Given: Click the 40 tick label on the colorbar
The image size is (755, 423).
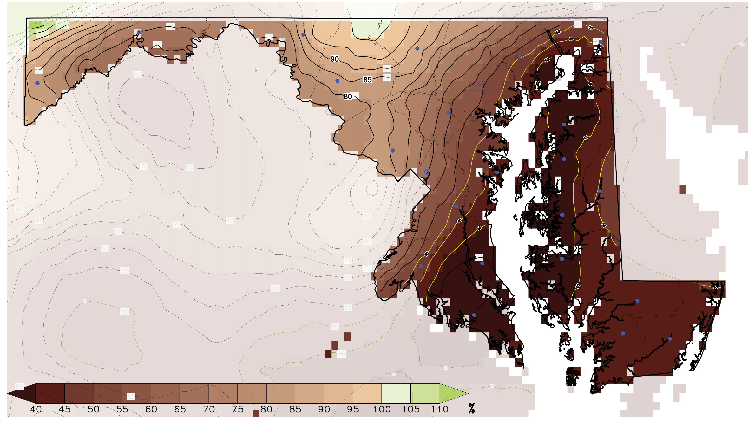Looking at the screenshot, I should pos(36,409).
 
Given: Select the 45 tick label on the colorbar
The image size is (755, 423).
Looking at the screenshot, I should pos(64,409).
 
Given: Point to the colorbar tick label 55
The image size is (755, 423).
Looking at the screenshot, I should pos(122,409).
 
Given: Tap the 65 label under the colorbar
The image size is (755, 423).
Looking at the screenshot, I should pos(180,409).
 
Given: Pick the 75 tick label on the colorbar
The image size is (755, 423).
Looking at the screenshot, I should pos(237,409).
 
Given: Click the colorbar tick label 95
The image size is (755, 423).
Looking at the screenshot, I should pos(353,409).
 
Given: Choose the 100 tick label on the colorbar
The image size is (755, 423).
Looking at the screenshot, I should pos(382,409).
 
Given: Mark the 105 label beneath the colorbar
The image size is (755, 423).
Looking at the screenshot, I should pos(411,409).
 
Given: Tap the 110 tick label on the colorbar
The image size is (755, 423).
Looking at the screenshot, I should pos(439,409).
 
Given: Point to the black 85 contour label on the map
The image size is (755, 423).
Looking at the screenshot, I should pos(367,80).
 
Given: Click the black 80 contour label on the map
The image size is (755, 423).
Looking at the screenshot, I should pos(348,96).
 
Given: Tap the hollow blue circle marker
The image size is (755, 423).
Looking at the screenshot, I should pos(427,172).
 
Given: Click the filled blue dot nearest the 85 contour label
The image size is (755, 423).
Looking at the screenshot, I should pos(337,81).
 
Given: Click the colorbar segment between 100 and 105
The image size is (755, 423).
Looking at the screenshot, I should pos(396,393).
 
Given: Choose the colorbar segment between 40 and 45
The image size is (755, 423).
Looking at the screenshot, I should pos(50,393).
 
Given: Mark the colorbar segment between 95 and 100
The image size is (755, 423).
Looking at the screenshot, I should pos(367,393).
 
